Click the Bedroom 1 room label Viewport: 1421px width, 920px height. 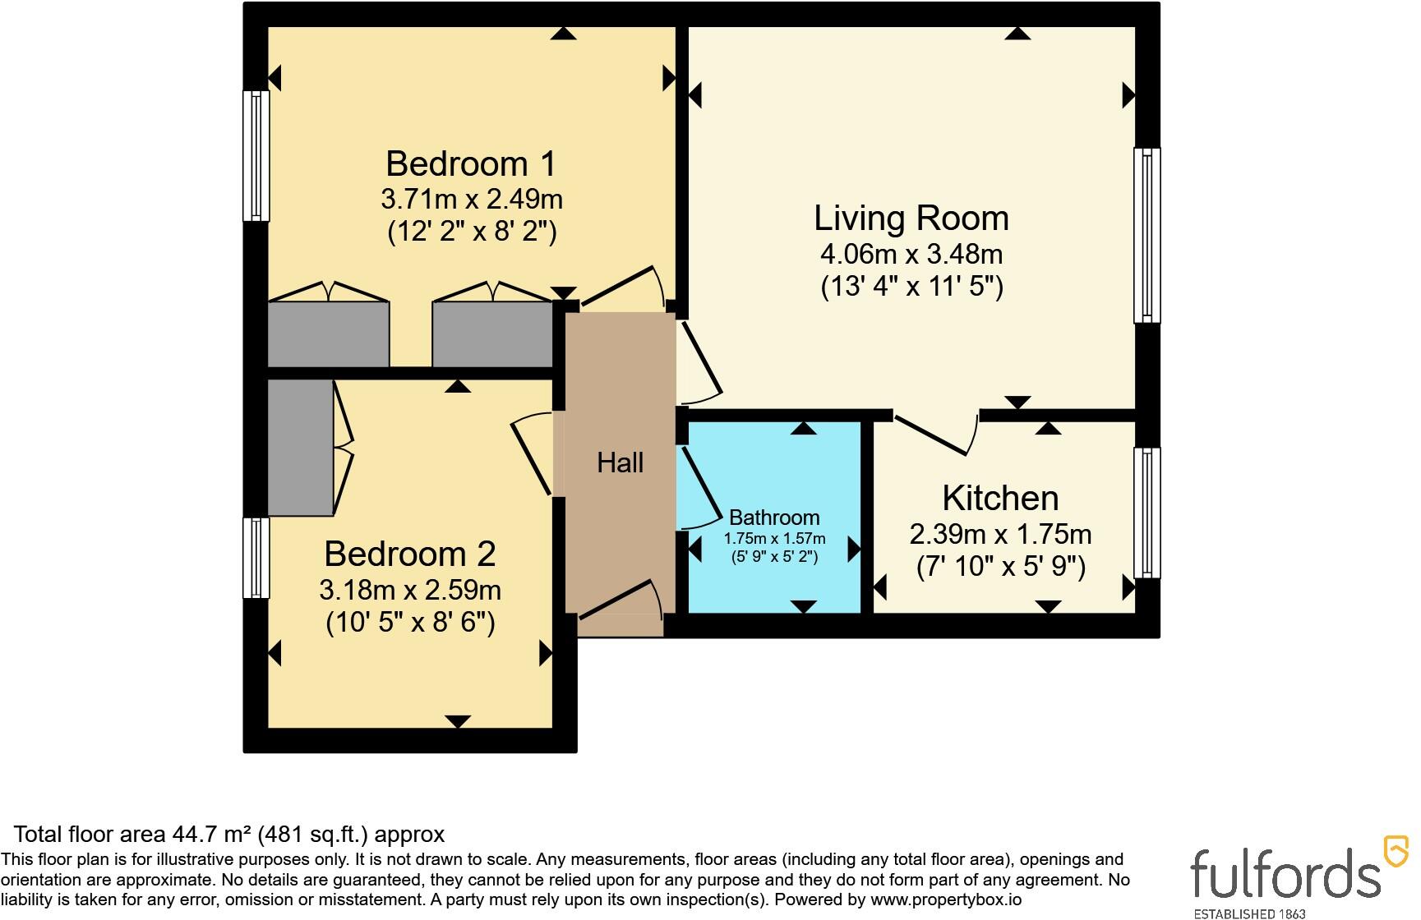coord(471,163)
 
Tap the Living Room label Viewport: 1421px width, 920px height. coord(911,218)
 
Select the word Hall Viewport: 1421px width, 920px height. coord(620,462)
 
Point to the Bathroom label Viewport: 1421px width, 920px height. coord(774,517)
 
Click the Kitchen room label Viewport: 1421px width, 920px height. coord(1000,498)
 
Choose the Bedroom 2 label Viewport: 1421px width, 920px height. coord(409,554)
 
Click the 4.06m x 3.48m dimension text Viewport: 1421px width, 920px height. coord(911,254)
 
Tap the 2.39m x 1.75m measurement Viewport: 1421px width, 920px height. coord(1000,535)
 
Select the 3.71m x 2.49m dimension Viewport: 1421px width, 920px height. coord(471,199)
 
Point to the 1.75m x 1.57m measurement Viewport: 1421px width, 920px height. coord(774,539)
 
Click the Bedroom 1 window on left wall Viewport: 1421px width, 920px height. coord(256,156)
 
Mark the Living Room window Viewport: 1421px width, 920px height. coord(1147,235)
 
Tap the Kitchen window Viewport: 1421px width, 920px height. coord(1147,513)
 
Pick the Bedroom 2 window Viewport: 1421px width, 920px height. coord(256,558)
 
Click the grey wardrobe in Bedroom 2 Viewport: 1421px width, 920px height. coord(301,448)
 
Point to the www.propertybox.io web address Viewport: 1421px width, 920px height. coord(946,900)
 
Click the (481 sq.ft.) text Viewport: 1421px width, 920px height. coord(315,835)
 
